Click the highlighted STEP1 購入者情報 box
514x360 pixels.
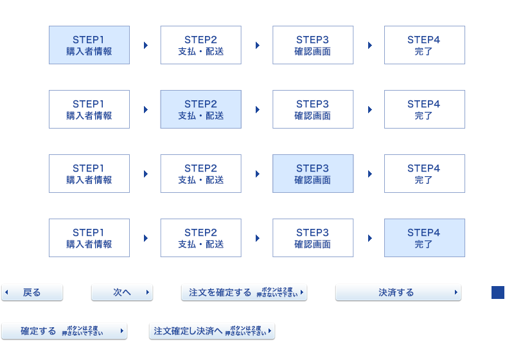pos(89,45)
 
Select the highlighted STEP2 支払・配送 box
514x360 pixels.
pos(201,109)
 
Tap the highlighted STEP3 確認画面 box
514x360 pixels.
pos(313,174)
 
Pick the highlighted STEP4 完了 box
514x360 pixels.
pos(425,238)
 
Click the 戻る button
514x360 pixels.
pos(32,292)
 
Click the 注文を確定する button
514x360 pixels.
pos(244,292)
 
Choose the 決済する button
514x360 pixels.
pos(398,292)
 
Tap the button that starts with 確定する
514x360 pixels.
pos(64,331)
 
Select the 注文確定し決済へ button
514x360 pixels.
pos(212,331)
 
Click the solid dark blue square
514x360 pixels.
pos(498,292)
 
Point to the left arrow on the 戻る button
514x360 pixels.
pos(6,292)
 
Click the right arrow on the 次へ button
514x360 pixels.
pos(148,292)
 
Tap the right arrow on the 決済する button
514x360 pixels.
pos(456,292)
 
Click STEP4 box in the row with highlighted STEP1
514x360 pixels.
pos(425,45)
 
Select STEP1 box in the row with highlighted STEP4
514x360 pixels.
pos(89,238)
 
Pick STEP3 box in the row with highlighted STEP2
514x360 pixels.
pos(313,109)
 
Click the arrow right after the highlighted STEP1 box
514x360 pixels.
pos(146,45)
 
